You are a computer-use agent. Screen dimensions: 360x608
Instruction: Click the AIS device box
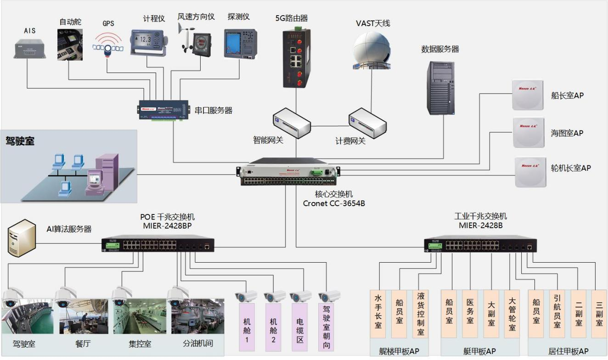coord(30,48)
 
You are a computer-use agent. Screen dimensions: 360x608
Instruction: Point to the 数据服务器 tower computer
coord(440,88)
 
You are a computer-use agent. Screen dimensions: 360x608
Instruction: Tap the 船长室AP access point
coord(528,96)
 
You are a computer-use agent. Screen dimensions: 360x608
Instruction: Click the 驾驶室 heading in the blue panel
coord(20,140)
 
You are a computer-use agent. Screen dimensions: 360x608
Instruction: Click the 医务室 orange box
coord(470,313)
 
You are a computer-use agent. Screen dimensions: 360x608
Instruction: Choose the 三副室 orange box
coord(599,313)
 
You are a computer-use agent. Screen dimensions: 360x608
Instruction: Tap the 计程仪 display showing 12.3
coord(146,41)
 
